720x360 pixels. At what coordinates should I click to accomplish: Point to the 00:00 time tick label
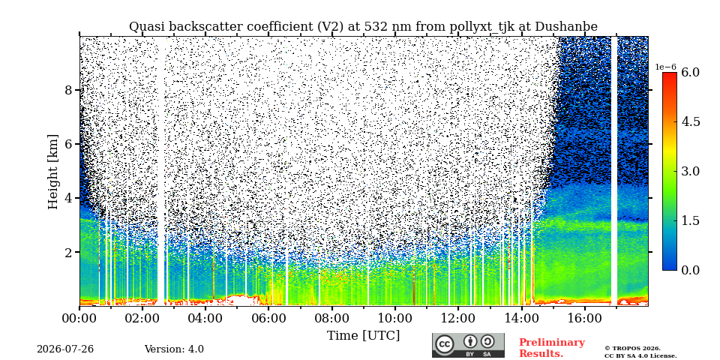(79, 318)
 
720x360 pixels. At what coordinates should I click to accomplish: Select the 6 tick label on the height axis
(68, 144)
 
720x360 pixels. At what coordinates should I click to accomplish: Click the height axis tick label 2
(68, 253)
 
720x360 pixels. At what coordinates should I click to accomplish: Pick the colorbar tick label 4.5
(690, 121)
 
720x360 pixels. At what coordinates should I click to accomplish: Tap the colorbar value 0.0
(690, 270)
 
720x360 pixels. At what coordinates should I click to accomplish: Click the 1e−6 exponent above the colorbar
(665, 67)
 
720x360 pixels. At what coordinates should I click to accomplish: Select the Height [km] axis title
(54, 172)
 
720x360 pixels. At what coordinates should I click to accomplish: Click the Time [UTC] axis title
(363, 336)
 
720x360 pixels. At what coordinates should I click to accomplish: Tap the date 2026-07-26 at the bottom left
(65, 349)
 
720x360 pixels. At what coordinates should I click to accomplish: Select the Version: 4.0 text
(174, 349)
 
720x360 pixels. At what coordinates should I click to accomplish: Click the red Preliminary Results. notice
(552, 347)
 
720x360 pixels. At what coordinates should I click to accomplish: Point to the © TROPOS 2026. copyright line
(632, 349)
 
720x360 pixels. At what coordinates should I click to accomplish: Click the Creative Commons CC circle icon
(444, 344)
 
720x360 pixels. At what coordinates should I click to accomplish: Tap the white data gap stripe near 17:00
(614, 171)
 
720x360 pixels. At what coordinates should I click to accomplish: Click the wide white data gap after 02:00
(160, 171)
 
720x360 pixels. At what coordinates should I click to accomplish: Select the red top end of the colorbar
(670, 76)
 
